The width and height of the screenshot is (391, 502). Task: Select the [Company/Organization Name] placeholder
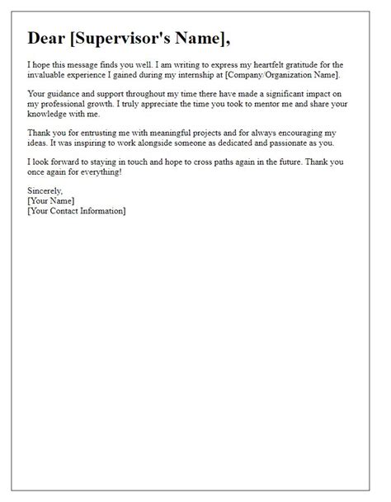(294, 74)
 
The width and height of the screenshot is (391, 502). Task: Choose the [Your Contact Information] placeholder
(77, 212)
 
